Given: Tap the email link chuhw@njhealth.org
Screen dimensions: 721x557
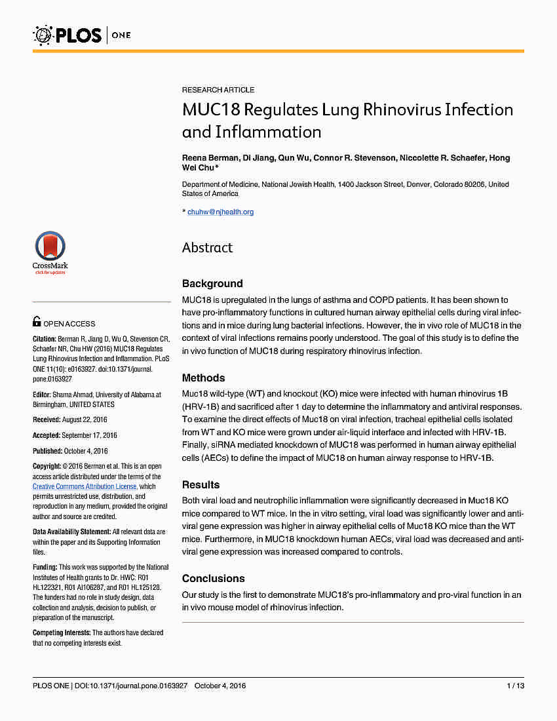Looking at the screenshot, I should point(220,212).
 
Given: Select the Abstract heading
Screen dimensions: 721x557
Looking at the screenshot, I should point(207,248).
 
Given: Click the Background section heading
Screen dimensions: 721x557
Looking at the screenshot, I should point(212,284).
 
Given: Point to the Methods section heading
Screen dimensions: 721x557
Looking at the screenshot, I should point(203,378).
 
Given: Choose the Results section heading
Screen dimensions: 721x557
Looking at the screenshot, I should point(201,485).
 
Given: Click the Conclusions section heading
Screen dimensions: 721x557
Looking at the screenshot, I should point(214,579).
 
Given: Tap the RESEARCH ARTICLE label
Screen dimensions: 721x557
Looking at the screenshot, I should point(218,90).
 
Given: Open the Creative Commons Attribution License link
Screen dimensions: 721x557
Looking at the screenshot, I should point(85,486).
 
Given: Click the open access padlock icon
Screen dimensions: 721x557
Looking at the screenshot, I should point(37,322).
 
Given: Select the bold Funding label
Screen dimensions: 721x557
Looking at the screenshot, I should point(45,567).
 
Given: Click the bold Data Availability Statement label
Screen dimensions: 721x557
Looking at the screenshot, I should point(71,532).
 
